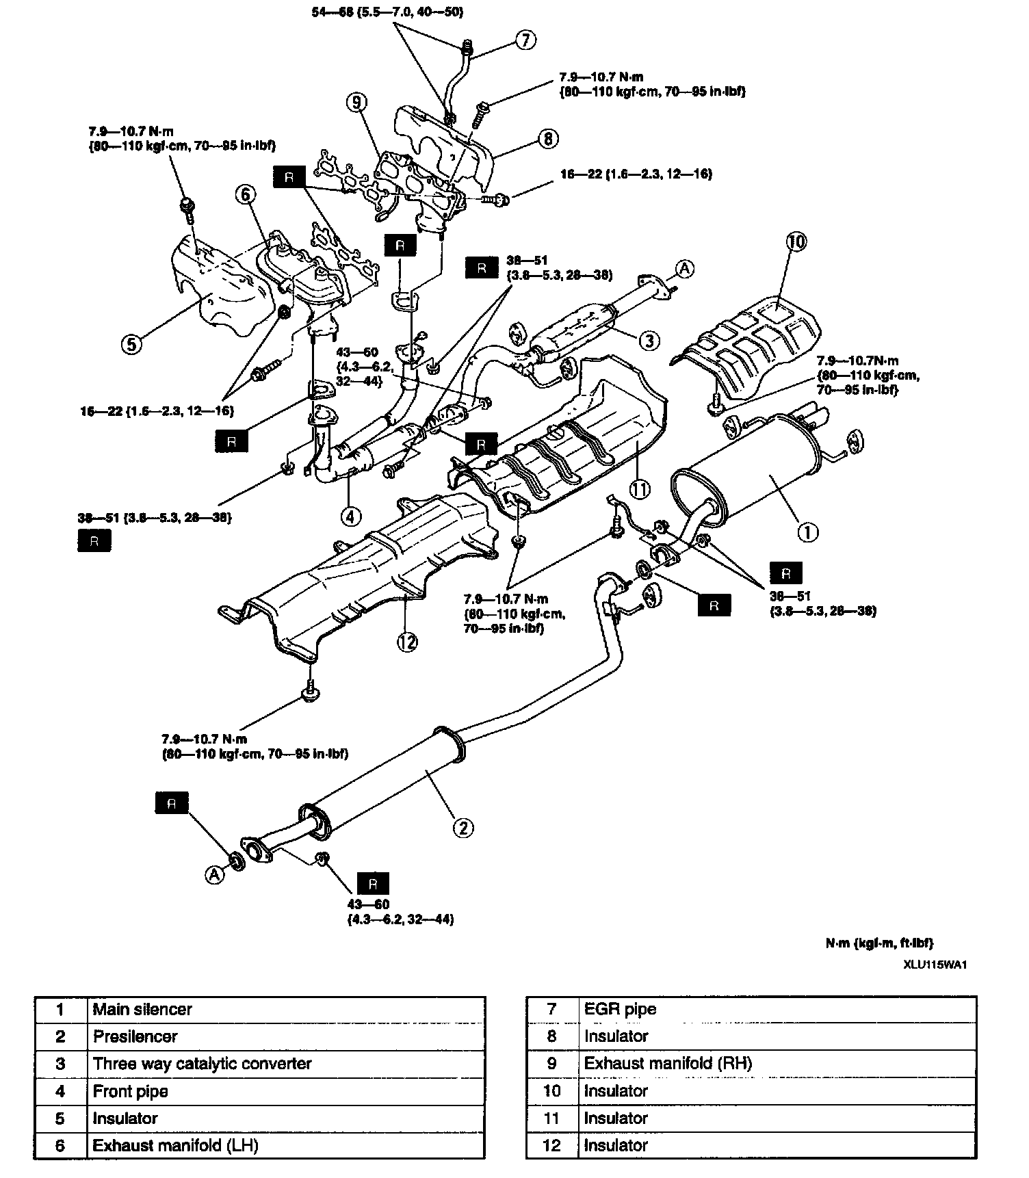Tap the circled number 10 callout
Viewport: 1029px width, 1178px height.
pyautogui.click(x=797, y=241)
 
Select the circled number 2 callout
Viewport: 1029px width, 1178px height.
pyautogui.click(x=463, y=828)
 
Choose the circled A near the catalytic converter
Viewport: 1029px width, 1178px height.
pyautogui.click(x=685, y=270)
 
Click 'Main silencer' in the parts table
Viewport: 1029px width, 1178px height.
pyautogui.click(x=142, y=1009)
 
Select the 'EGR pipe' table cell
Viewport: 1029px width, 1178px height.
pyautogui.click(x=620, y=1009)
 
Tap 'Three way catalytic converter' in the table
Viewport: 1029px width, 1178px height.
pyautogui.click(x=202, y=1064)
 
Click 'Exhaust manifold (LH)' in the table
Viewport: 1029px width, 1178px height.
pyautogui.click(x=175, y=1146)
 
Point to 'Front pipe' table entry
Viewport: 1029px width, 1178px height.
pyautogui.click(x=130, y=1091)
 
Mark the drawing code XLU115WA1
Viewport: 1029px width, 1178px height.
pyautogui.click(x=938, y=965)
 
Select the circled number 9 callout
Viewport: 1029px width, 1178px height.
pyautogui.click(x=356, y=103)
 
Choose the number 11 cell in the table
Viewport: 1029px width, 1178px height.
pyautogui.click(x=551, y=1118)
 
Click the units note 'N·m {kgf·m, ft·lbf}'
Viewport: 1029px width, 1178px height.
pyautogui.click(x=879, y=943)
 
